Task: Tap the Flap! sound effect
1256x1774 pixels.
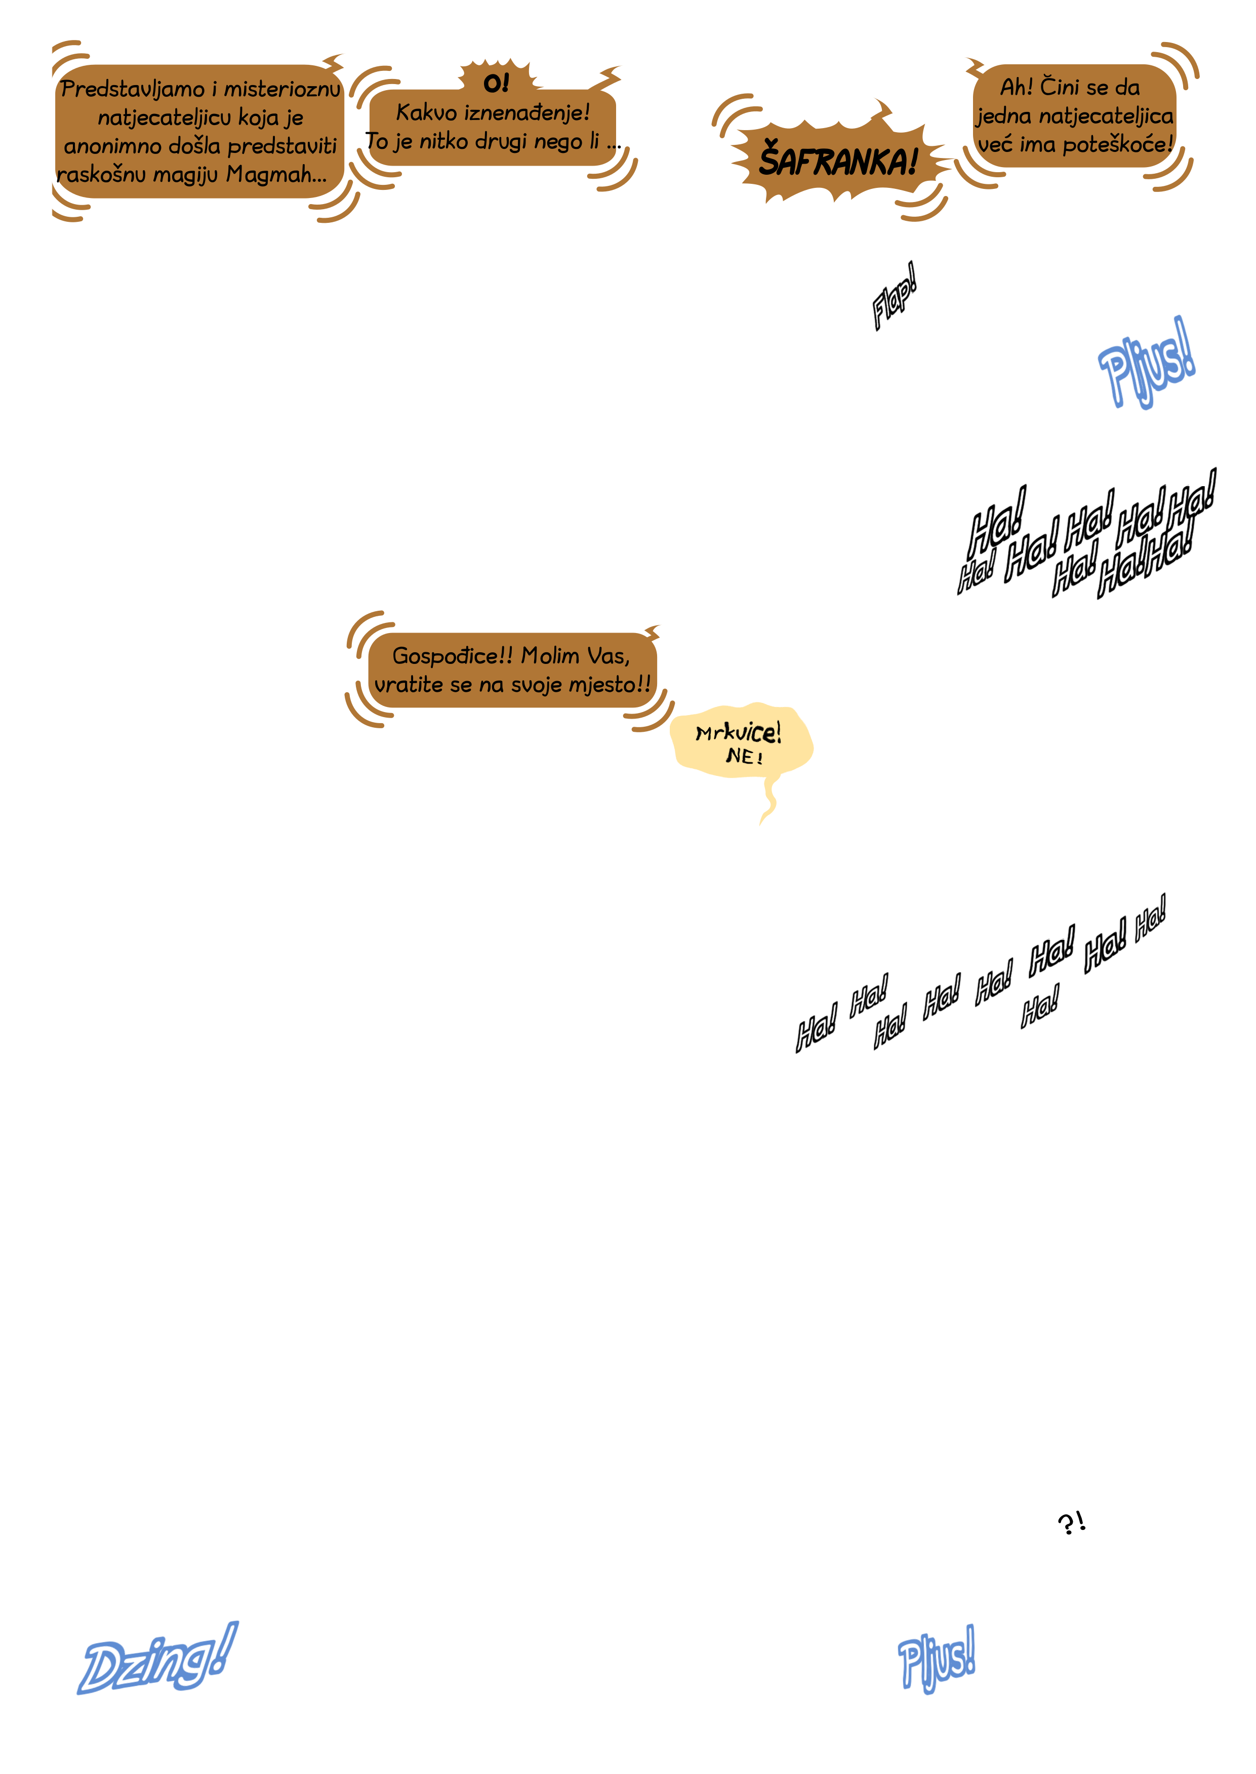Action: pyautogui.click(x=894, y=296)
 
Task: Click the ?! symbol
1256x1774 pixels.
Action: pyautogui.click(x=1071, y=1522)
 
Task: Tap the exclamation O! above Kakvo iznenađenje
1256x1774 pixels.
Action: pyautogui.click(x=496, y=83)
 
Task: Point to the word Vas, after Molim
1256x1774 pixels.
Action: pyautogui.click(x=609, y=656)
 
